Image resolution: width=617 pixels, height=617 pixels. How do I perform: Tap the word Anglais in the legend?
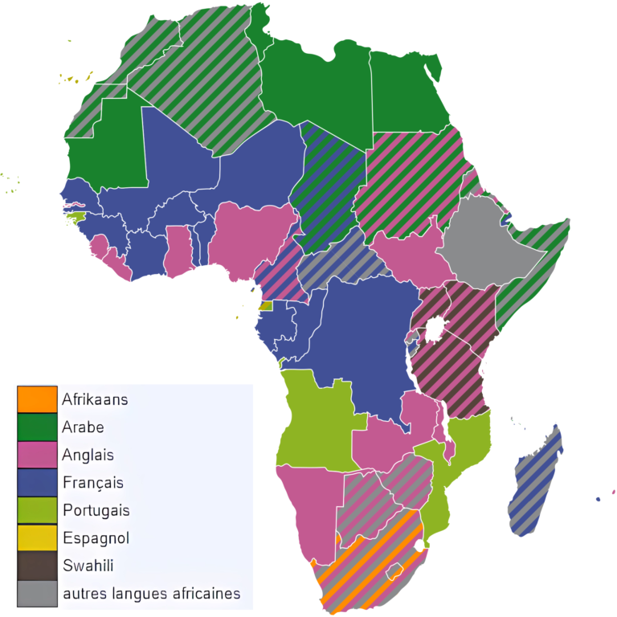88,455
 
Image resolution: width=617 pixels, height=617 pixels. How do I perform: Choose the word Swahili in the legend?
88,566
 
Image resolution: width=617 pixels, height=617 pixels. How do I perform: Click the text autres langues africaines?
151,594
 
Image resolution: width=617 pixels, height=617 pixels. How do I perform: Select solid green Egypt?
406,92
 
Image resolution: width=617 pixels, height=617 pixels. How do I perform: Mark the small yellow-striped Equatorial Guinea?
266,306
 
